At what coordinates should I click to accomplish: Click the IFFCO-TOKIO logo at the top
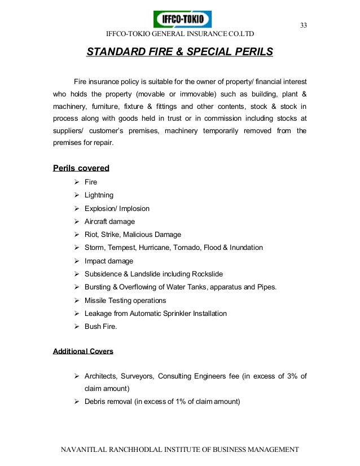coord(182,19)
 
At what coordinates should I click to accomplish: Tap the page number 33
coord(303,26)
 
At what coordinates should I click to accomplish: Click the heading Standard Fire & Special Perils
coord(179,52)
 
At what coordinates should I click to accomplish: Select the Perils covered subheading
coord(81,168)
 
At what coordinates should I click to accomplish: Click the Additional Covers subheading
coord(83,351)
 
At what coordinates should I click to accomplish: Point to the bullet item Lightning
coord(99,195)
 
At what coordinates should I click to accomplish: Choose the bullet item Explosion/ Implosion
coord(117,208)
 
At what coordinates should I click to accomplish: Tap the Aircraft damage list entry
coord(109,222)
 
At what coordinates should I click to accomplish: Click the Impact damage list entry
coord(109,261)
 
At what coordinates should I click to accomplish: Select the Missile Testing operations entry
coord(125,300)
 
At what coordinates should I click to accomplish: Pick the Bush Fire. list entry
coord(101,327)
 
